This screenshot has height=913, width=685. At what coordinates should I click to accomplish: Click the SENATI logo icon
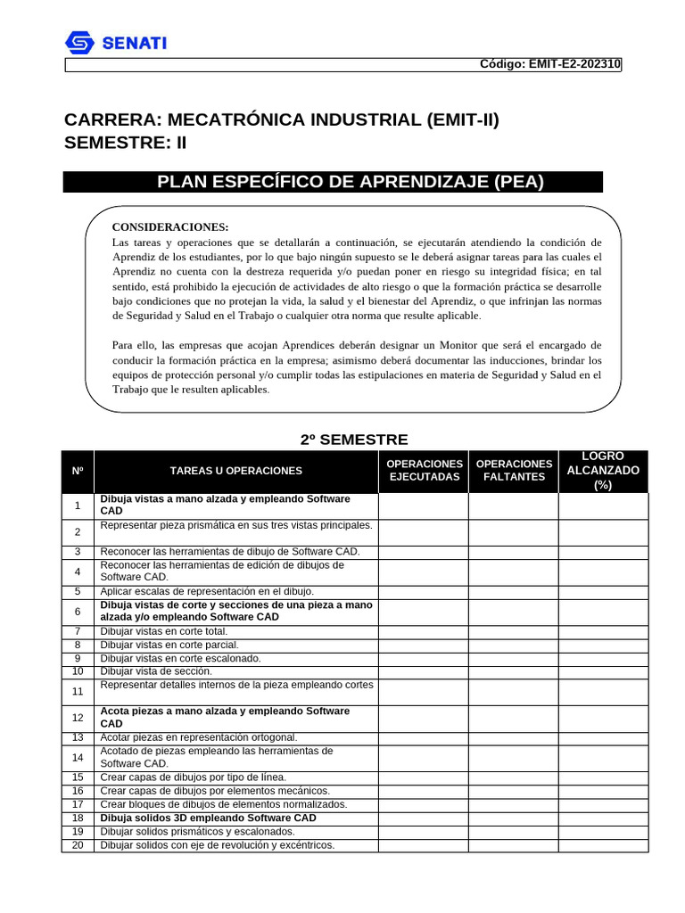pyautogui.click(x=80, y=43)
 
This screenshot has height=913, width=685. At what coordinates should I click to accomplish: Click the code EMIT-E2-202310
pyautogui.click(x=550, y=64)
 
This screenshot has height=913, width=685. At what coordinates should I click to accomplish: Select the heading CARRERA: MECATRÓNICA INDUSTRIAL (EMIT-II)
pyautogui.click(x=282, y=119)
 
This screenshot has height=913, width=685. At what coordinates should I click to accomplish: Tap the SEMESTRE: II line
pyautogui.click(x=126, y=143)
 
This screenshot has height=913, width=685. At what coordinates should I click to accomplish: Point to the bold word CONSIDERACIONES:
pyautogui.click(x=170, y=227)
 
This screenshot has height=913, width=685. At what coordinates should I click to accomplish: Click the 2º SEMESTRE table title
pyautogui.click(x=354, y=439)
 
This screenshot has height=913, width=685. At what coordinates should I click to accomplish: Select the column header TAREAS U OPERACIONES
pyautogui.click(x=236, y=471)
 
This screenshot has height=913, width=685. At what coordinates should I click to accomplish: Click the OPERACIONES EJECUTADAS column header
pyautogui.click(x=424, y=471)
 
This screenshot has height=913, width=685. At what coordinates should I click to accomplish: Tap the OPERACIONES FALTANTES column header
pyautogui.click(x=514, y=471)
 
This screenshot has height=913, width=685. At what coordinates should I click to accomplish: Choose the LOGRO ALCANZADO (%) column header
pyautogui.click(x=603, y=471)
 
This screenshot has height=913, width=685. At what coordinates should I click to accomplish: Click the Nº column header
pyautogui.click(x=78, y=471)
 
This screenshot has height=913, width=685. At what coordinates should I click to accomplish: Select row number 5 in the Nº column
pyautogui.click(x=78, y=591)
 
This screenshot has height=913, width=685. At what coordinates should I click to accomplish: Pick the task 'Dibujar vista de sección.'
pyautogui.click(x=156, y=670)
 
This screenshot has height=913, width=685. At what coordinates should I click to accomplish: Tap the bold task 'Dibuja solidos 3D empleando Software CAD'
pyautogui.click(x=208, y=818)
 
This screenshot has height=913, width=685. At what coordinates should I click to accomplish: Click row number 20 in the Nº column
pyautogui.click(x=78, y=844)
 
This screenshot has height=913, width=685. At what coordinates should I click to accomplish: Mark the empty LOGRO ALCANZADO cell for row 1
pyautogui.click(x=603, y=506)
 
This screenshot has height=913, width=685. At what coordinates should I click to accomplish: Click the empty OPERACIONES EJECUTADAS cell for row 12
pyautogui.click(x=424, y=718)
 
